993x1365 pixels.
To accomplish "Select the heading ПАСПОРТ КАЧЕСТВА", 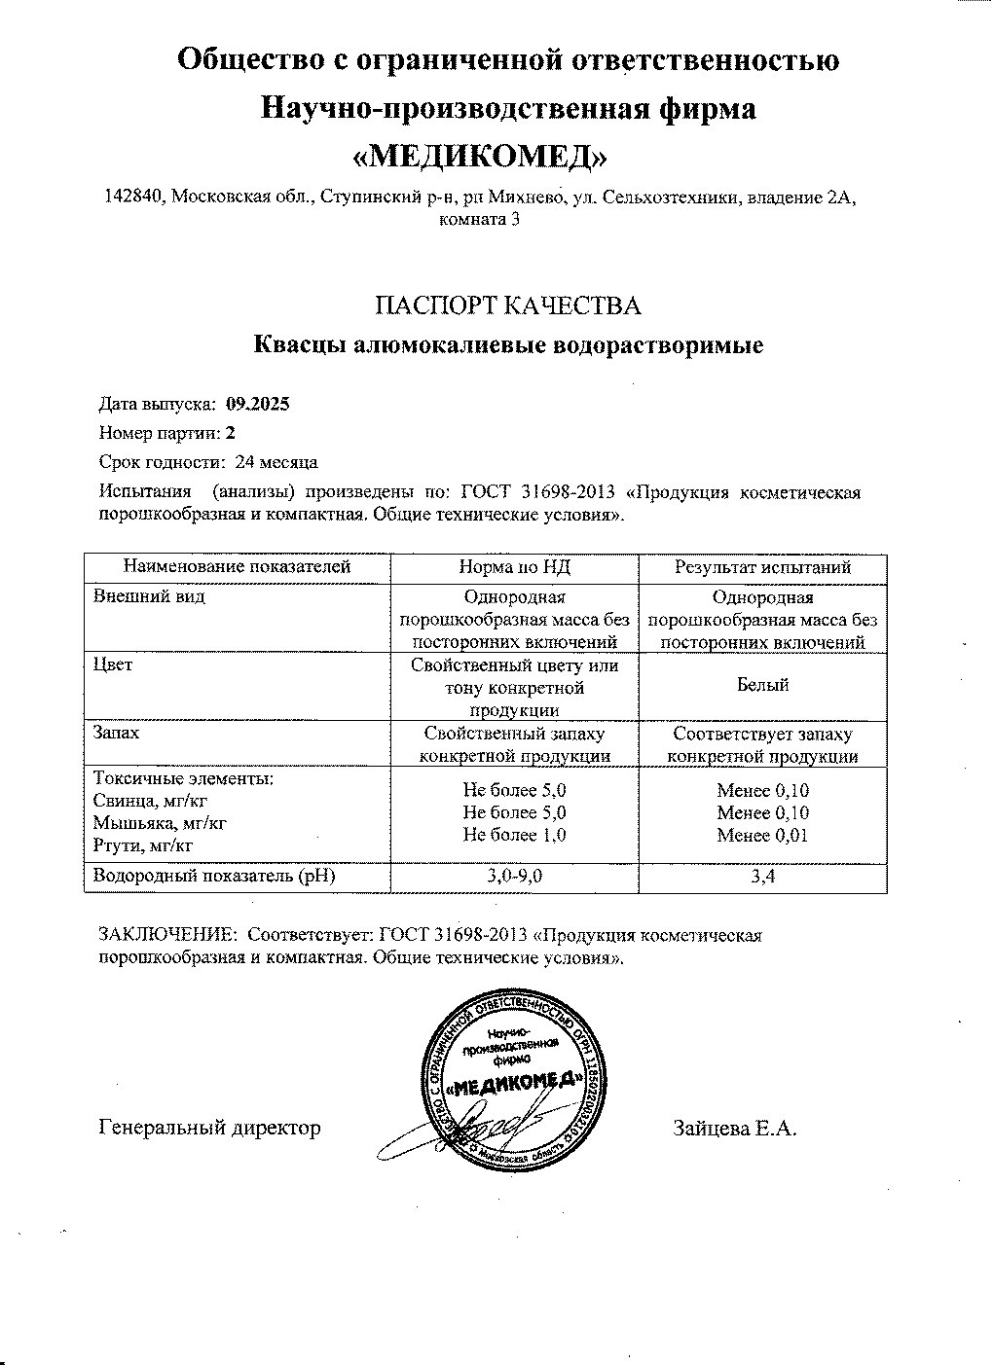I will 508,306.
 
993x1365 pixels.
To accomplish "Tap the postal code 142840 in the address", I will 132,198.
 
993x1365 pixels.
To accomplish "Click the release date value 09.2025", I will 257,406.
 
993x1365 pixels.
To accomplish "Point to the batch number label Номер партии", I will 160,434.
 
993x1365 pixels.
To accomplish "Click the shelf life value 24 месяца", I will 276,462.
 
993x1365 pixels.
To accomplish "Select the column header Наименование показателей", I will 237,567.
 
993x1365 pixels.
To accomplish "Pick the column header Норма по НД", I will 513,567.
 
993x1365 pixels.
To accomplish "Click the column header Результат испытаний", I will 762,567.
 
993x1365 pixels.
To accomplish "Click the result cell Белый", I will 762,685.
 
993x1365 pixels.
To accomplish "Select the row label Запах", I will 116,732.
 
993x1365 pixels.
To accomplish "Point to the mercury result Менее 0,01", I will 762,836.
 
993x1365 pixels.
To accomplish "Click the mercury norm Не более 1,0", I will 514,836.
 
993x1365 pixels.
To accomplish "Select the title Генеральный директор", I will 209,1129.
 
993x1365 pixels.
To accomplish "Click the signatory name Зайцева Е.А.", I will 734,1129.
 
